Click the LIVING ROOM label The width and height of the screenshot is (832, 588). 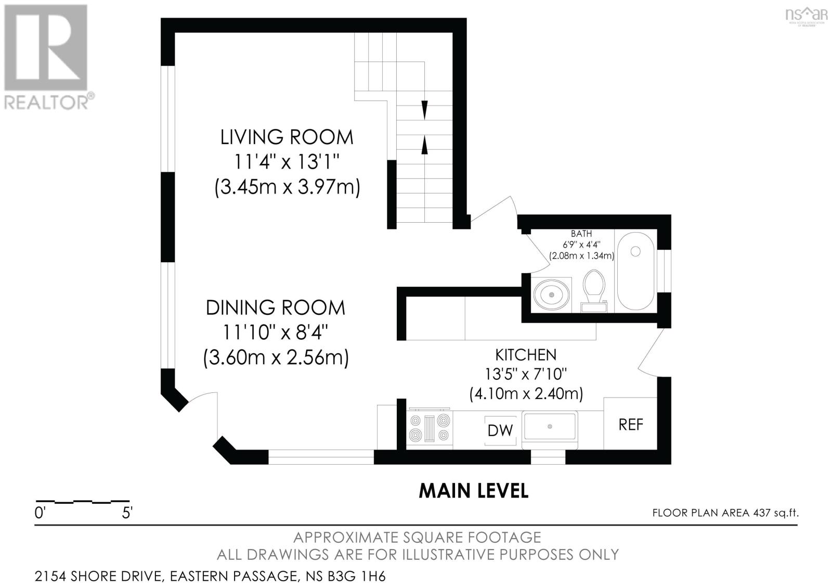[287, 137]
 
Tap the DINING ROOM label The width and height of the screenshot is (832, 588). [275, 308]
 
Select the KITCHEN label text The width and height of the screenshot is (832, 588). [526, 355]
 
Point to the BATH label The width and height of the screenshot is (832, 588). [581, 234]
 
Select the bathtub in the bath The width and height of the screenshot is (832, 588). [635, 271]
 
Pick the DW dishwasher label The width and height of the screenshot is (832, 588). [500, 430]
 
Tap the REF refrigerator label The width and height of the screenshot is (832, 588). [631, 425]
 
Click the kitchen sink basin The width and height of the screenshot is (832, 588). [550, 426]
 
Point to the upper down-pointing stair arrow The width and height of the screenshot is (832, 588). [424, 110]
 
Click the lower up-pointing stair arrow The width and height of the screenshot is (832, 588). [424, 145]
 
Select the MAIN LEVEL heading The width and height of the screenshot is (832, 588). [474, 491]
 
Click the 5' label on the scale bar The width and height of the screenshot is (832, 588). [127, 513]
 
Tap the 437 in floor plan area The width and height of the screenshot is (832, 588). [762, 513]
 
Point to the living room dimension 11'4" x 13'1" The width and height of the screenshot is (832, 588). [287, 162]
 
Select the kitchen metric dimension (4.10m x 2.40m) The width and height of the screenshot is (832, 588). [526, 393]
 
